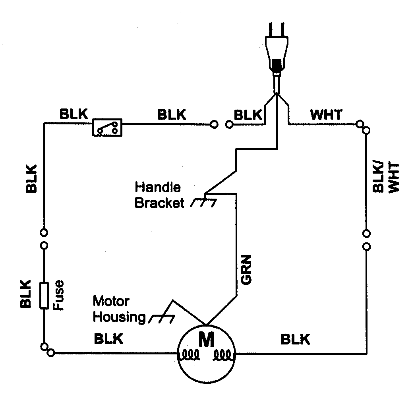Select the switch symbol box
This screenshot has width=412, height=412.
pyautogui.click(x=107, y=128)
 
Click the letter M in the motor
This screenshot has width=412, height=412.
pyautogui.click(x=206, y=340)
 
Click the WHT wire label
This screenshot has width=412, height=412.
pyautogui.click(x=326, y=115)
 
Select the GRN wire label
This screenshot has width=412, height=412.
pyautogui.click(x=246, y=273)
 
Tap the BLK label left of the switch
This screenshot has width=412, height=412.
pyautogui.click(x=74, y=114)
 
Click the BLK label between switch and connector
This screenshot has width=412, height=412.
pyautogui.click(x=172, y=115)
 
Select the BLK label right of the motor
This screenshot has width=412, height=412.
pyautogui.click(x=295, y=340)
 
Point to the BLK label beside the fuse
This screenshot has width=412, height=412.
pyautogui.click(x=26, y=294)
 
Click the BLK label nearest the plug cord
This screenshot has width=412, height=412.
pyautogui.click(x=248, y=115)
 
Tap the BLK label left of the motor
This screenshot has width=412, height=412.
pyautogui.click(x=108, y=339)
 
